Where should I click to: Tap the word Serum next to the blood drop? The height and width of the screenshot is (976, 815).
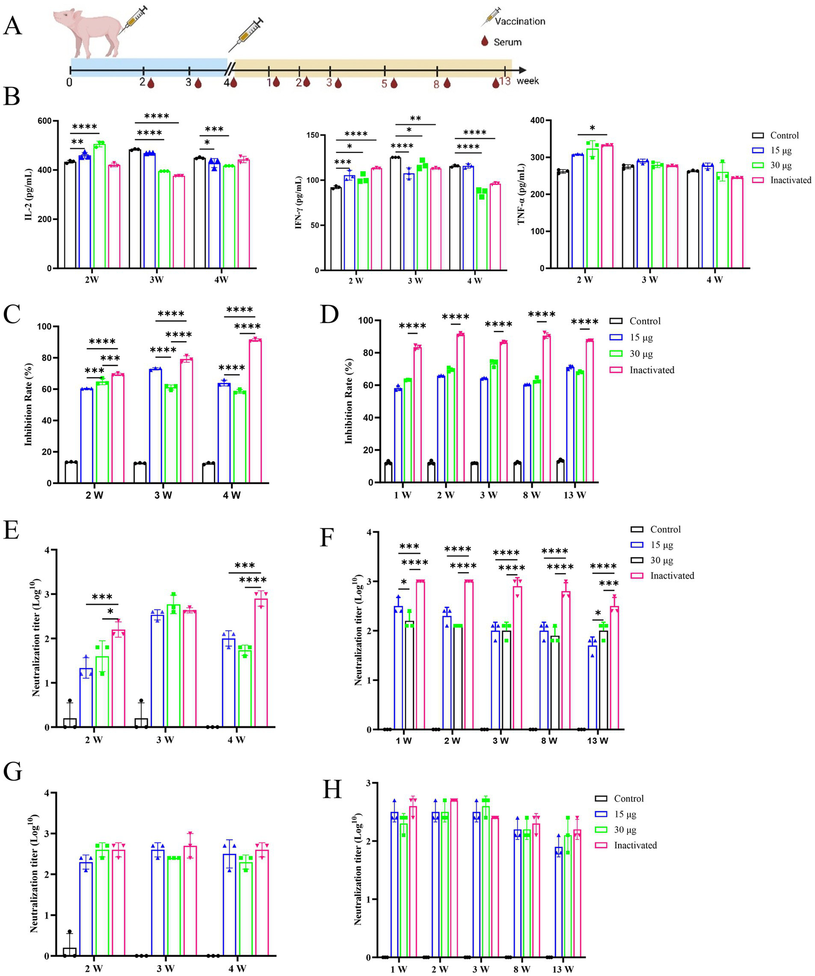(507, 42)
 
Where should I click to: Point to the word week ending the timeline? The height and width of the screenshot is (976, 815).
(527, 81)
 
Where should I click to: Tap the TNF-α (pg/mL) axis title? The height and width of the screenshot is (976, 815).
(521, 194)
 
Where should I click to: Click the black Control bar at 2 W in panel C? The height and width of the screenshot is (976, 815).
(71, 472)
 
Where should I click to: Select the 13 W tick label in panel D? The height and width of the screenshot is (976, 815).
(574, 495)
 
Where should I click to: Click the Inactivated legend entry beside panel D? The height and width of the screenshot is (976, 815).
(651, 370)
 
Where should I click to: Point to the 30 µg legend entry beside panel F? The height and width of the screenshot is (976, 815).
(662, 561)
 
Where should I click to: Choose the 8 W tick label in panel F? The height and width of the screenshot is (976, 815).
(549, 741)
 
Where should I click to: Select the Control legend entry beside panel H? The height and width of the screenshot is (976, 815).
(629, 799)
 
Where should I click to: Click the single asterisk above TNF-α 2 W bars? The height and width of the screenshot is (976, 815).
(593, 128)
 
